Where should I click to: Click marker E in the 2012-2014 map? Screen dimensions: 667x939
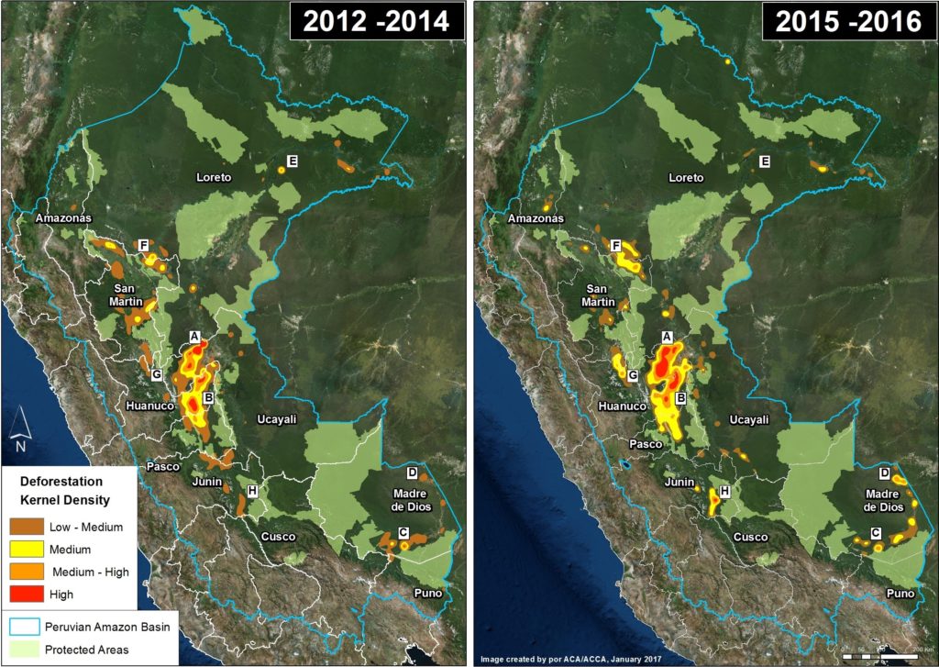point(293,162)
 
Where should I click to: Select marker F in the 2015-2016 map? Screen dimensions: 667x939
point(616,246)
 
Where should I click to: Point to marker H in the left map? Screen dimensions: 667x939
point(251,492)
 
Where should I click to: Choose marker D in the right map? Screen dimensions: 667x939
point(885,473)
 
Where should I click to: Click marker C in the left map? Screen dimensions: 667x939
point(403,533)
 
